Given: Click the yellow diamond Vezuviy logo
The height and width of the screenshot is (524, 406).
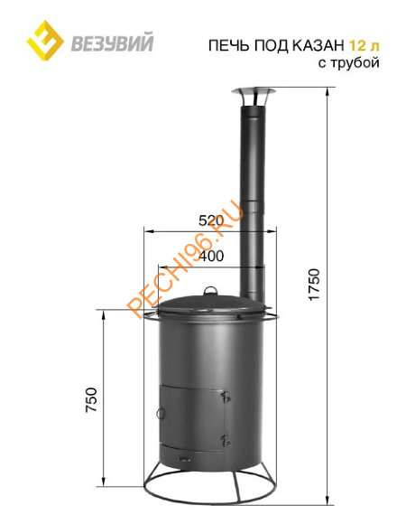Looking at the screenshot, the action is [x=45, y=41].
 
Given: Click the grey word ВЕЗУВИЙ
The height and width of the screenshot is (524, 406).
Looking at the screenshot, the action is [x=112, y=42].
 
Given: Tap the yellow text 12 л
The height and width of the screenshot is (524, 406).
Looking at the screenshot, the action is [x=364, y=45].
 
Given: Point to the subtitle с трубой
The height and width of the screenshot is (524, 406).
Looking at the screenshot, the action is [x=348, y=62].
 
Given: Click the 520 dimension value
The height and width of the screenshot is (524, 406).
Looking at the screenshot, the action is [x=211, y=221].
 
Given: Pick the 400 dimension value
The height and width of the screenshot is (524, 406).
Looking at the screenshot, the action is [x=211, y=257].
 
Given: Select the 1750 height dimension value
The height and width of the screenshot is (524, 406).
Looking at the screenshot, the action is [x=314, y=285].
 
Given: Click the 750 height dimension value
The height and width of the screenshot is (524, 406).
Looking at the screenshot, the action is [x=91, y=399].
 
